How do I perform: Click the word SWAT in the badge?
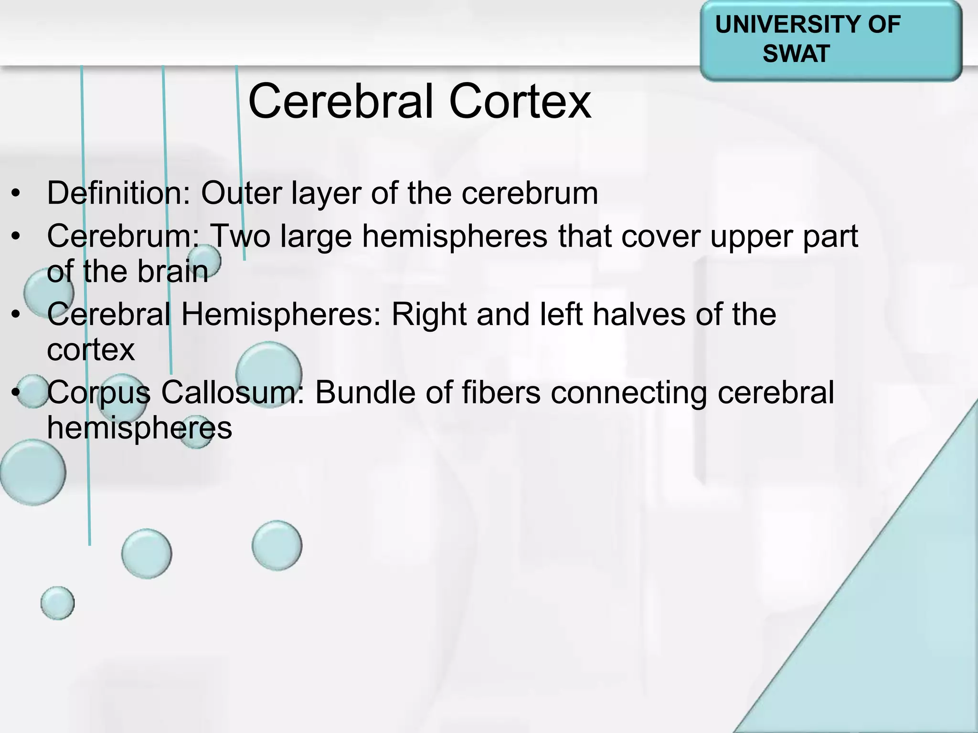(x=796, y=53)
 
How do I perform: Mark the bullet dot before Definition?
(x=17, y=194)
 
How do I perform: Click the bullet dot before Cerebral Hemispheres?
(x=17, y=315)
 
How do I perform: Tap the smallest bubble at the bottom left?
(x=57, y=603)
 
